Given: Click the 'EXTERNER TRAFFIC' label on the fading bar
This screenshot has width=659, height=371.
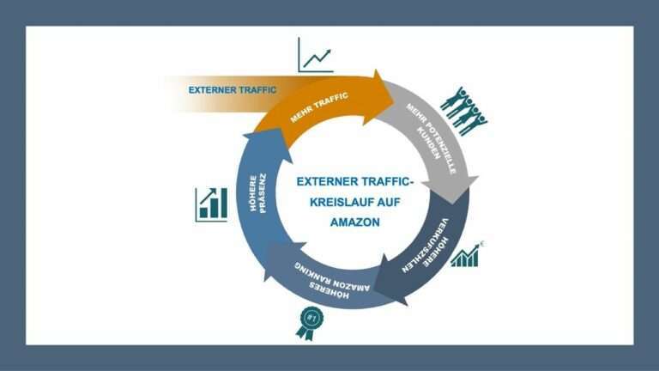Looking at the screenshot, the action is tap(232, 90).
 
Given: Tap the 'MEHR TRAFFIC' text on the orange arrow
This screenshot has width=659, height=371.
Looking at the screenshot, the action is tap(319, 107).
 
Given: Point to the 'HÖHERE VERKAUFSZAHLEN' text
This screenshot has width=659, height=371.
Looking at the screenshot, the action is tap(426, 246).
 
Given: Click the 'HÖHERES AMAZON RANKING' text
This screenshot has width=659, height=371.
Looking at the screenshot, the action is tap(332, 281).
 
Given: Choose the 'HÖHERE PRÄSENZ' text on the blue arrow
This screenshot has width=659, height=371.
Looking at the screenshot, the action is tap(258, 192).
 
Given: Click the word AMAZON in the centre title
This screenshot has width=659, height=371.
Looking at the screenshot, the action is tap(354, 222).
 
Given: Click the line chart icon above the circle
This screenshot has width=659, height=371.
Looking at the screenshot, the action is tap(316, 55).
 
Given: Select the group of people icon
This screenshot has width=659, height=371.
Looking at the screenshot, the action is tap(463, 111).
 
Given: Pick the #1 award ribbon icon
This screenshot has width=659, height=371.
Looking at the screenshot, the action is tap(311, 323).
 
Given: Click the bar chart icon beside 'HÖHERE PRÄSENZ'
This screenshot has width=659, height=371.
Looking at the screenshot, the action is tap(211, 204).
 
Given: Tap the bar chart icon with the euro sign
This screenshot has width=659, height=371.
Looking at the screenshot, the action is tap(467, 255).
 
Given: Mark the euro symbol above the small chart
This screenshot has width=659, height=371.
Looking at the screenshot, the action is tap(482, 244).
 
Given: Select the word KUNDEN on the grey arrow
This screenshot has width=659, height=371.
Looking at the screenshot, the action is tap(429, 143).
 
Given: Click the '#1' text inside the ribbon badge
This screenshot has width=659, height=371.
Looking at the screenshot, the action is tap(311, 317).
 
